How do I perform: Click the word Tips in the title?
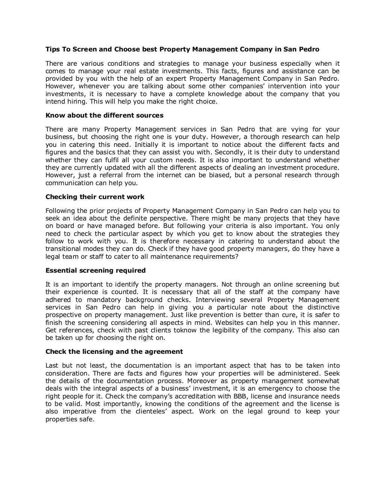tap(52, 49)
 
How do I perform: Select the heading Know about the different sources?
tap(104, 115)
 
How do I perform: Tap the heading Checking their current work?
tap(95, 197)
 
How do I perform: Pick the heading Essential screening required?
tap(95, 270)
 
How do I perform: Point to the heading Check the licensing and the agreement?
tap(114, 352)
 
